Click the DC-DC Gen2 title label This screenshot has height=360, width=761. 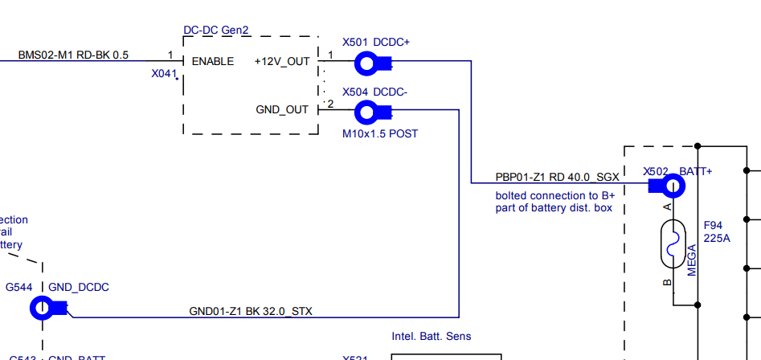point(216,30)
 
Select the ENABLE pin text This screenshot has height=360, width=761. point(213,61)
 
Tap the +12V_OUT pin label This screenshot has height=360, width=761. point(282,61)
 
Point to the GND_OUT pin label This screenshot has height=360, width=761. point(282,109)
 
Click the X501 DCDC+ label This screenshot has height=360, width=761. point(375,42)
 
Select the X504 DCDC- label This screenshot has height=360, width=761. point(374,92)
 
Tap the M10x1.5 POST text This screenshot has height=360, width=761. point(380,133)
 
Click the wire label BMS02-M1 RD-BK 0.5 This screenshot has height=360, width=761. point(73,55)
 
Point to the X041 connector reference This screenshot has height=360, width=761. point(163,73)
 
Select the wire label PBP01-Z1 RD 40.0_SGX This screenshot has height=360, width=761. point(557,177)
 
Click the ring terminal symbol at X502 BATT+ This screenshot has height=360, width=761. point(672,187)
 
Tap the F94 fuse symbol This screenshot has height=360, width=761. point(673,244)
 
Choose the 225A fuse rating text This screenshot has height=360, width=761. point(717,239)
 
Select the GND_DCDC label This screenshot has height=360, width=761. point(79,287)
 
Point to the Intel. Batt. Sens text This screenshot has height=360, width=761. point(432,336)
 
